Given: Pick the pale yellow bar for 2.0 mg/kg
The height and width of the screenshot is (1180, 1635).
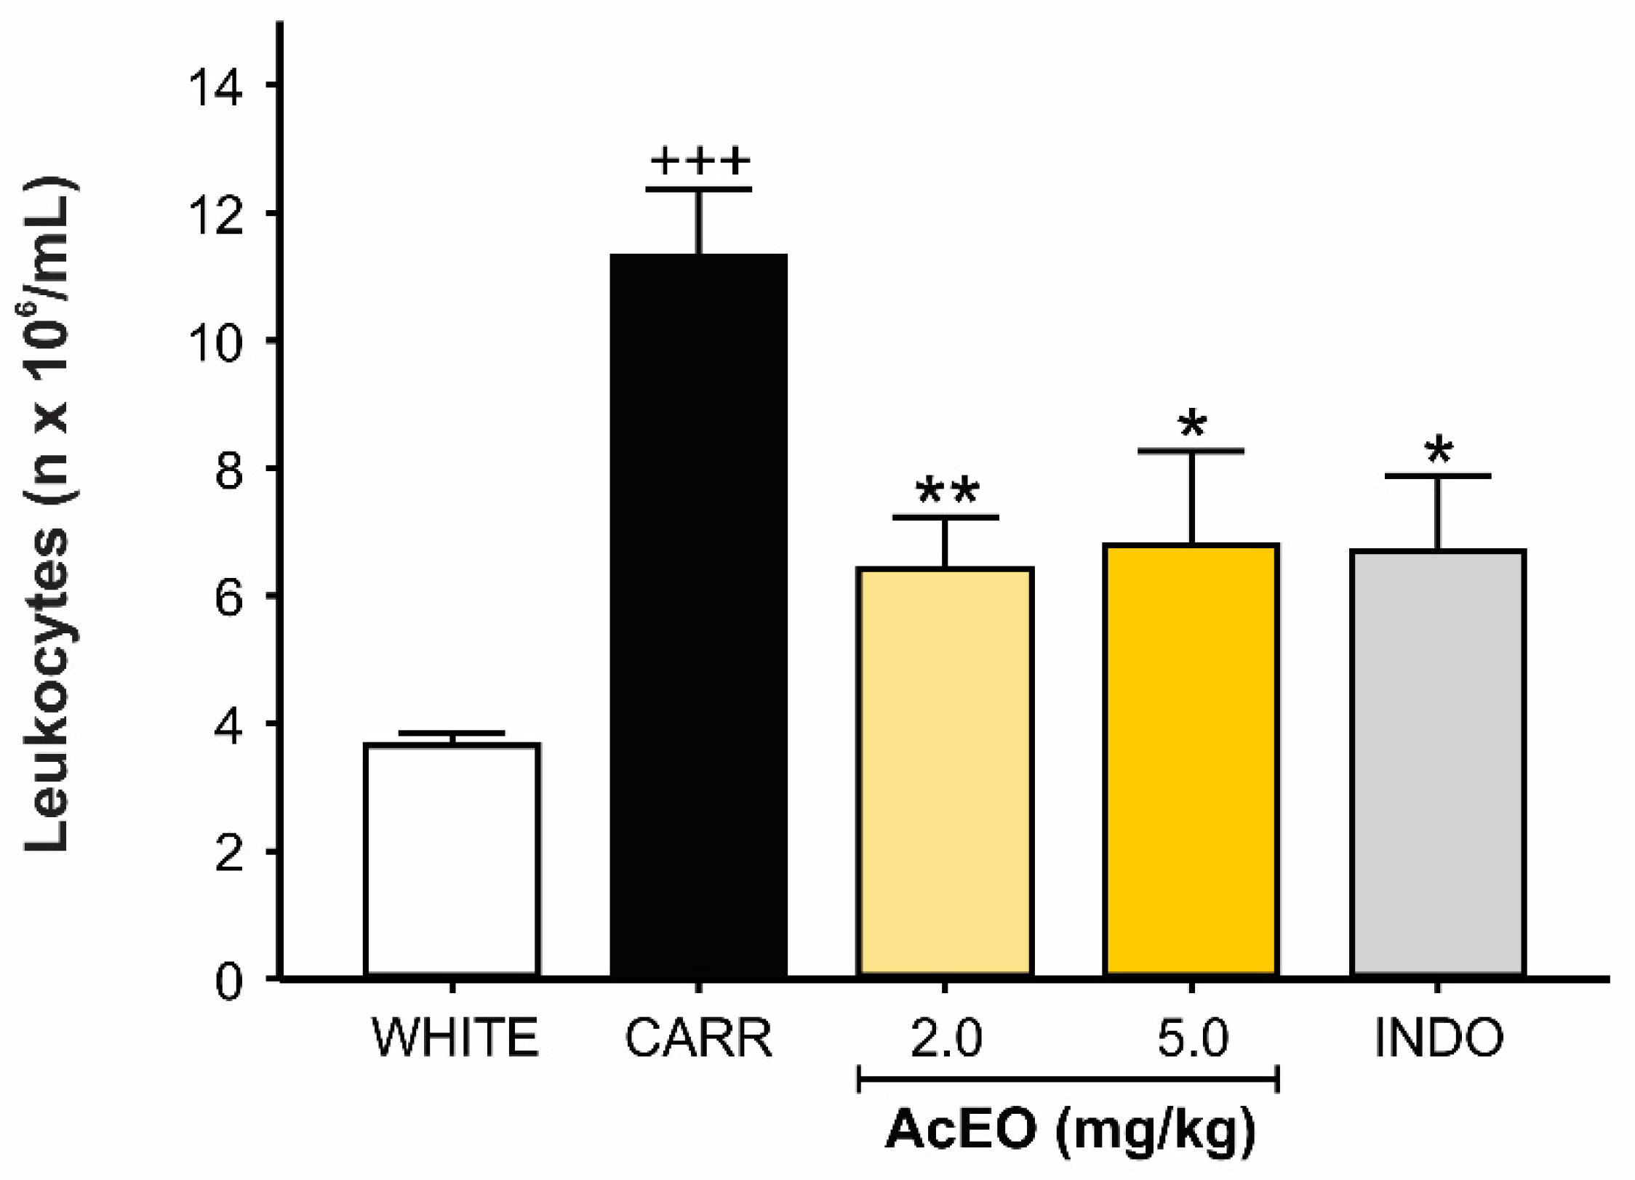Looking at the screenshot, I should pos(946,771).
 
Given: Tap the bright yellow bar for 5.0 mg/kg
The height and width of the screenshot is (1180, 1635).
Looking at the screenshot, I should pos(1191,759).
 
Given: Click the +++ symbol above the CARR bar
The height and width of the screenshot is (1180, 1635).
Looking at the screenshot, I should pos(700,161).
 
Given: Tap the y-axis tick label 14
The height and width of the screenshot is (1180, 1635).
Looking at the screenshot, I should pos(215,86).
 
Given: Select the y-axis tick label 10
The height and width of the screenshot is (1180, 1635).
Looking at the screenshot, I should pos(215,341).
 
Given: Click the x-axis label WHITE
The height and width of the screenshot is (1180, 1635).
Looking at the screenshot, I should pos(455,1038).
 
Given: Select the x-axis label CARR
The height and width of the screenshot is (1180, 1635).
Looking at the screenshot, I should pos(698,1038).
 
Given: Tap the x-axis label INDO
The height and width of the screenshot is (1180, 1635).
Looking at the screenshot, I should pos(1439,1038).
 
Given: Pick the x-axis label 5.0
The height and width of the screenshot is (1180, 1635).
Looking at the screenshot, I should pos(1192,1038).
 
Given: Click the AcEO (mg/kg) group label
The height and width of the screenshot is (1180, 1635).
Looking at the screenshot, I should pos(1069,1131).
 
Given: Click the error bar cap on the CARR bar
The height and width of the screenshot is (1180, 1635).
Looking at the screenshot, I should pos(698,190).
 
